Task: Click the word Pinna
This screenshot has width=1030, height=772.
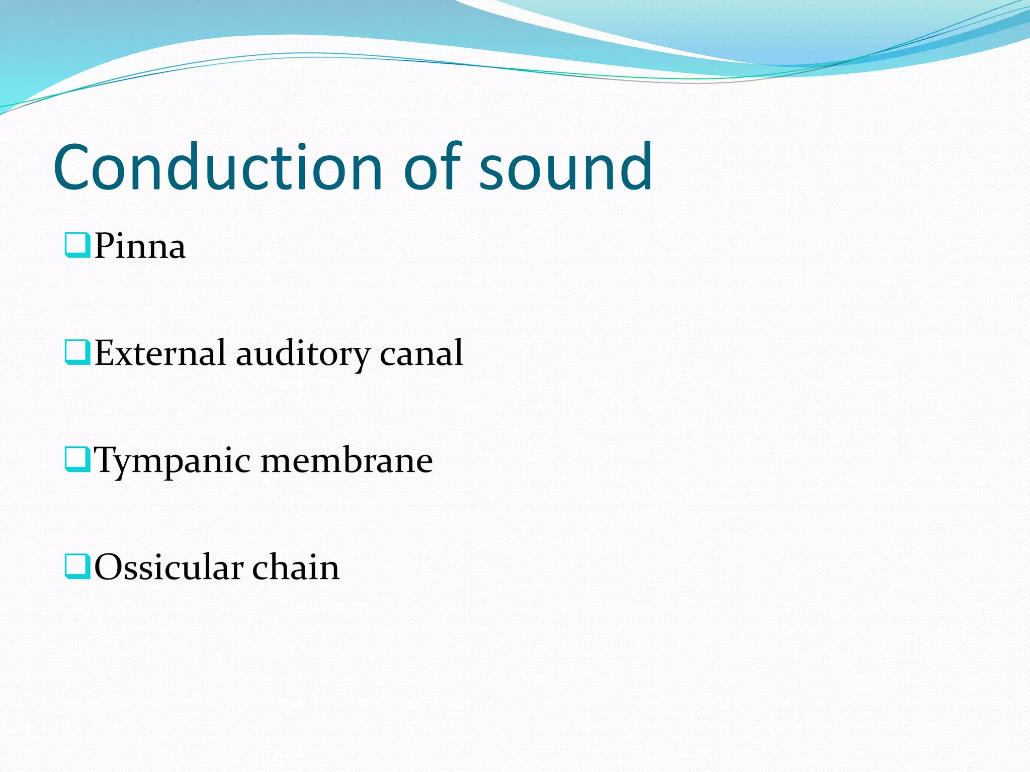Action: [140, 246]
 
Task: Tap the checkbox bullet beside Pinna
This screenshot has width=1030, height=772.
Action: [77, 245]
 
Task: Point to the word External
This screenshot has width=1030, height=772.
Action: [160, 353]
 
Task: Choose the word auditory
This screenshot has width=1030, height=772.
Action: [303, 354]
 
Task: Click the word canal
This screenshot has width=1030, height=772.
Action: [421, 353]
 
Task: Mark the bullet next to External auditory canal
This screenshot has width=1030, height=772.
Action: [77, 352]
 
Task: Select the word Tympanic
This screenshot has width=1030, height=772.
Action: [172, 460]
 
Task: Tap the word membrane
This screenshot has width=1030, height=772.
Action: [347, 460]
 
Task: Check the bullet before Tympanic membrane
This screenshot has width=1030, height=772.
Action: [77, 459]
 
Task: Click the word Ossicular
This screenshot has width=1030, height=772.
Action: [168, 567]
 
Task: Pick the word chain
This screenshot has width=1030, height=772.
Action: [296, 567]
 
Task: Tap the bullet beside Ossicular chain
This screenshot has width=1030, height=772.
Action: [77, 566]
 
